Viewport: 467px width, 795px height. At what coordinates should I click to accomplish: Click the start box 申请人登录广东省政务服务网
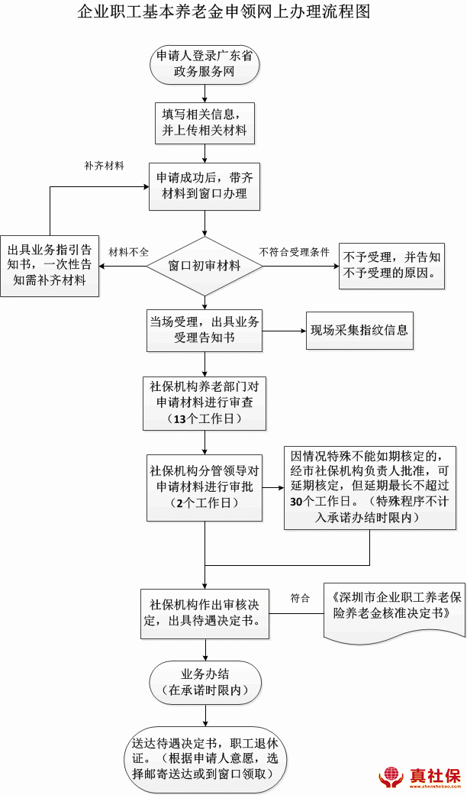click(204, 64)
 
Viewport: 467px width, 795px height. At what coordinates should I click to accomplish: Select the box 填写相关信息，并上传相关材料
click(204, 122)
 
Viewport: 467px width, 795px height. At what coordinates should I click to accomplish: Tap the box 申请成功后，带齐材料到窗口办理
click(204, 186)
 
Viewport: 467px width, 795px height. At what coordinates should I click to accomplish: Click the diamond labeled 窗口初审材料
click(204, 266)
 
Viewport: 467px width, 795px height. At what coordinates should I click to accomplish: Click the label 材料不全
click(128, 251)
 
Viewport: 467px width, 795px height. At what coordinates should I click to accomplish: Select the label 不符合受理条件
click(294, 251)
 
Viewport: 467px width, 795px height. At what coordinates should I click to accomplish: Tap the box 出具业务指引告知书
click(50, 265)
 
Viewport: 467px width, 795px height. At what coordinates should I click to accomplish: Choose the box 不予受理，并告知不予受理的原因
click(392, 265)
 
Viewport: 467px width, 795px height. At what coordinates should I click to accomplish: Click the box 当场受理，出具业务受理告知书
click(204, 330)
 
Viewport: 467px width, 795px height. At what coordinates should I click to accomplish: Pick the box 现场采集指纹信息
click(359, 331)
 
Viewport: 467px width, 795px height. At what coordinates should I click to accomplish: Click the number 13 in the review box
click(181, 419)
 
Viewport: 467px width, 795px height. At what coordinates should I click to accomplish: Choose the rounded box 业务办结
click(205, 682)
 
